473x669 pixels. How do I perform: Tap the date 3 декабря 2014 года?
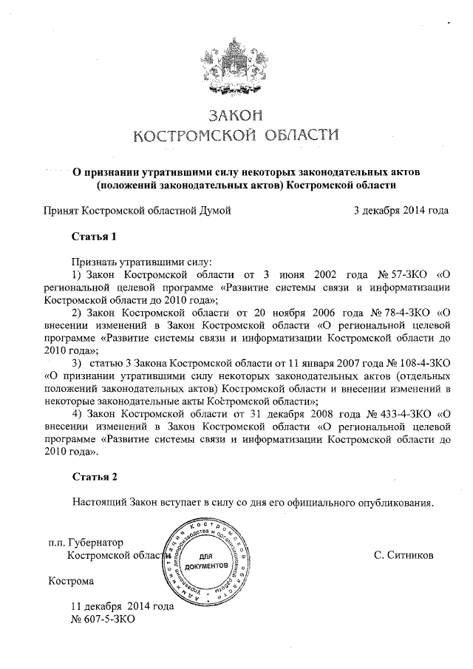point(401,211)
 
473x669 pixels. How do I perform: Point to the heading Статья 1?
point(95,237)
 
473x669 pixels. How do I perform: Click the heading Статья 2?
point(95,476)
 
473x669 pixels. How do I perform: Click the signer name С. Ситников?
point(404,554)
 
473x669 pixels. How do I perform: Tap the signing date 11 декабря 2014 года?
point(122,606)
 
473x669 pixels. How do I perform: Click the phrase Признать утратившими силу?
point(142,262)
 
